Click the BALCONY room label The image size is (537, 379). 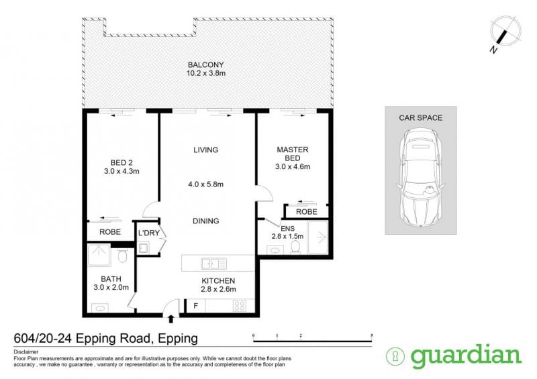click(206, 64)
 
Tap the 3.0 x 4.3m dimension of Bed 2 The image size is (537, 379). click(121, 171)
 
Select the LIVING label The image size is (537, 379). click(206, 150)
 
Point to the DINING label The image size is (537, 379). click(206, 221)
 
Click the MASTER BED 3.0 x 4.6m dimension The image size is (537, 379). click(293, 167)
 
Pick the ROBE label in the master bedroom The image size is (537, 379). click(307, 212)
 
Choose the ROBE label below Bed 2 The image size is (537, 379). click(110, 232)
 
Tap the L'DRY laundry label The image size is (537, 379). click(149, 233)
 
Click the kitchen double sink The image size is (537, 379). click(214, 264)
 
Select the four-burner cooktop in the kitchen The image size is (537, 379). click(239, 306)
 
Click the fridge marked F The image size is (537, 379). click(195, 306)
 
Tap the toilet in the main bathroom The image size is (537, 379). click(122, 256)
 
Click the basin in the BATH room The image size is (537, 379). click(99, 309)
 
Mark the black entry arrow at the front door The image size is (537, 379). click(171, 319)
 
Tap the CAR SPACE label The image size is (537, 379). click(421, 118)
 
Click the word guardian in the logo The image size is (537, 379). click(466, 356)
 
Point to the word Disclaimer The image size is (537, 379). click(26, 352)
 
